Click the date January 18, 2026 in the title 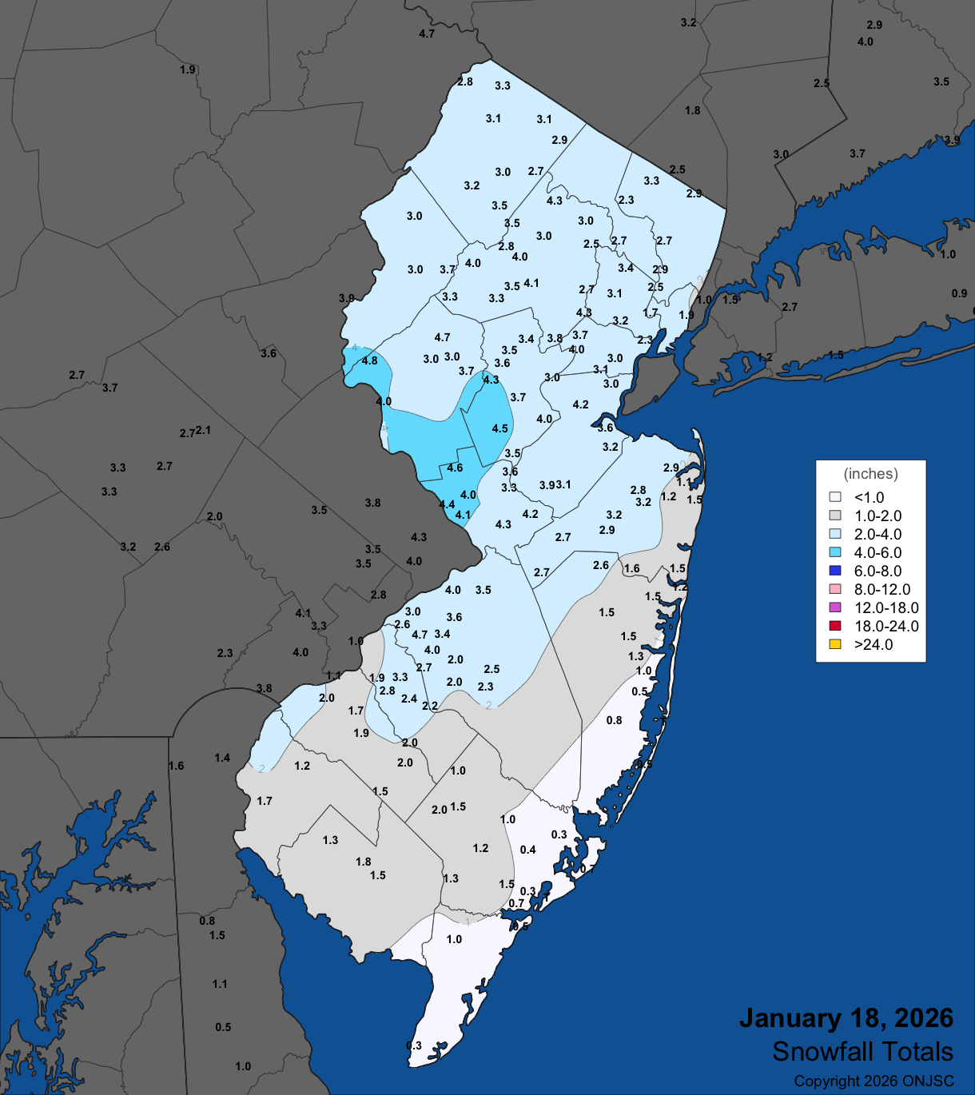(x=846, y=1018)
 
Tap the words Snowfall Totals (x=862, y=1052)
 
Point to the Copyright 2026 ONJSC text (x=874, y=1081)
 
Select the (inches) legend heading (x=870, y=474)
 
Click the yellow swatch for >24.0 (x=835, y=644)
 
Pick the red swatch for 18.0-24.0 (x=835, y=626)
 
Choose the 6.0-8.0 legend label (x=878, y=571)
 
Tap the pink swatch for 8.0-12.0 (x=835, y=589)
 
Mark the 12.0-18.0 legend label (x=886, y=607)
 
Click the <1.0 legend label (x=869, y=497)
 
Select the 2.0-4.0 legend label (x=878, y=534)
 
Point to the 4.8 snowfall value (x=369, y=360)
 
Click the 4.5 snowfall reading (x=499, y=428)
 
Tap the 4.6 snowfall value (x=455, y=468)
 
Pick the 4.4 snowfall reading (x=447, y=504)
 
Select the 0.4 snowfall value (x=527, y=850)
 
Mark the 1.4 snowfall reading (x=222, y=758)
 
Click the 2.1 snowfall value (x=204, y=430)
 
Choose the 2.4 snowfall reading (x=409, y=699)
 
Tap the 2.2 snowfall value (x=430, y=706)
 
